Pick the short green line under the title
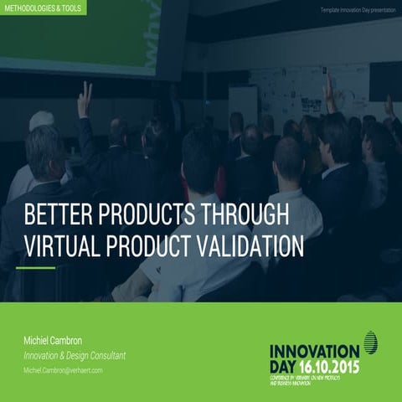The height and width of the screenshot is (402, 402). click(x=36, y=268)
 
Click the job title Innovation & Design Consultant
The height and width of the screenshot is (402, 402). click(x=75, y=356)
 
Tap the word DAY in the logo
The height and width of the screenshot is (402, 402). click(x=285, y=366)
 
